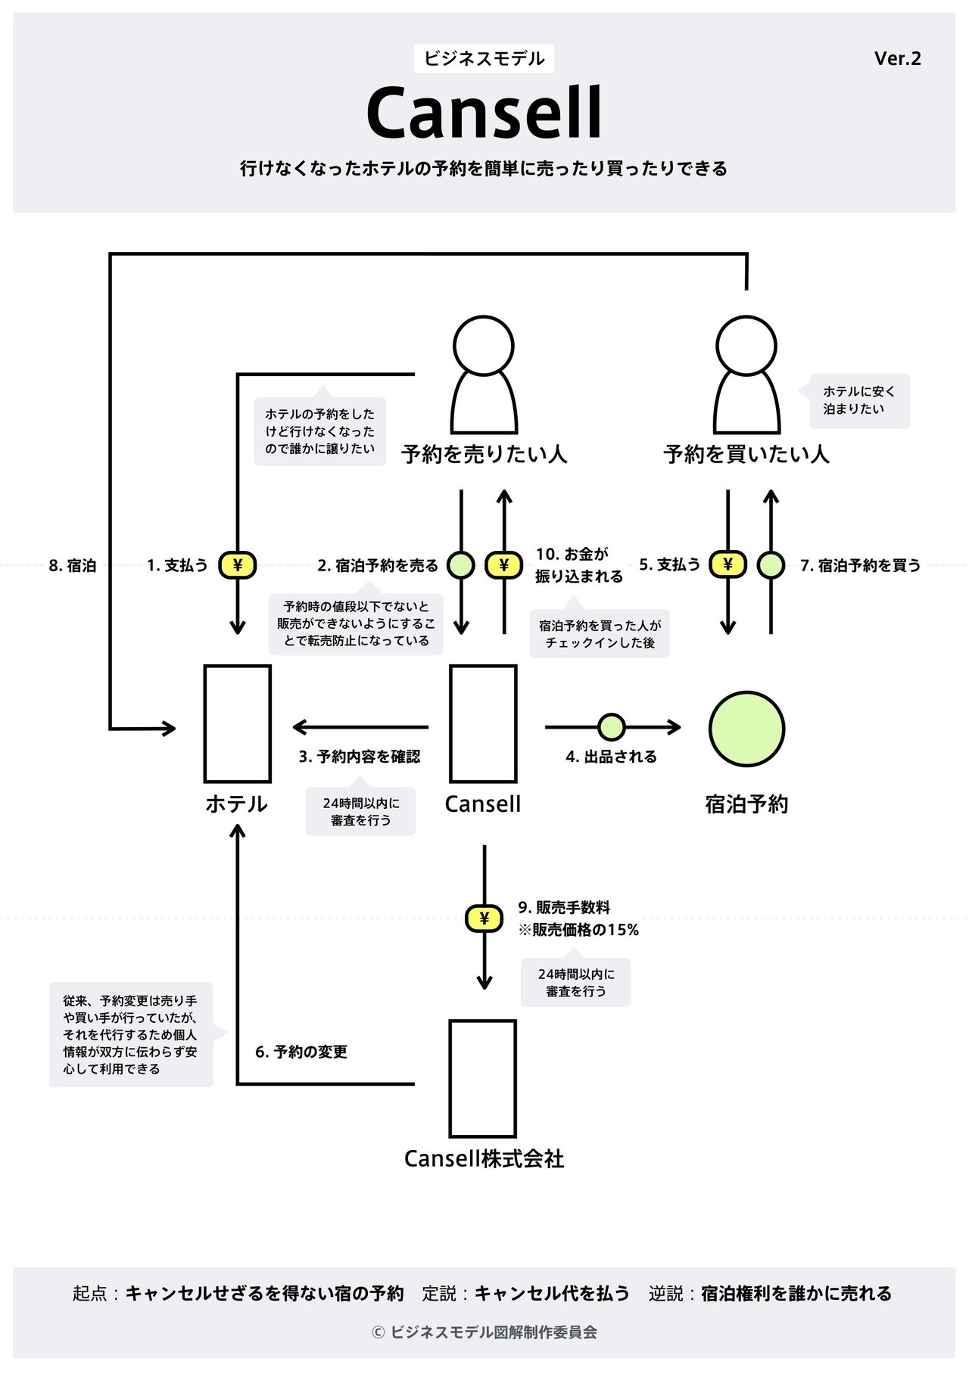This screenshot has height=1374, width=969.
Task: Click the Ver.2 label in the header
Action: click(898, 58)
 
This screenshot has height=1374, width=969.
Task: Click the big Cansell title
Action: click(484, 113)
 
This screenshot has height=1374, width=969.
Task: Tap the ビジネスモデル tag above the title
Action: click(484, 58)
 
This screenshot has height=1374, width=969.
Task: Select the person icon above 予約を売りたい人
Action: click(484, 375)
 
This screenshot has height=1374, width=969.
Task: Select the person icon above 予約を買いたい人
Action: click(747, 375)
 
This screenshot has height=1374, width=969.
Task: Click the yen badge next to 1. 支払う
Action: click(238, 564)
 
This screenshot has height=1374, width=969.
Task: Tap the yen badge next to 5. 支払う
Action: click(728, 564)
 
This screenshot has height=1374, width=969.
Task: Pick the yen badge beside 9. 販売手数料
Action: click(484, 919)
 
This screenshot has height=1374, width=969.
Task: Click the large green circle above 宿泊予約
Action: click(746, 729)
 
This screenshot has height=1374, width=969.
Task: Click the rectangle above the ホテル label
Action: click(238, 723)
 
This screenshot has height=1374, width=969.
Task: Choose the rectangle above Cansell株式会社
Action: click(483, 1078)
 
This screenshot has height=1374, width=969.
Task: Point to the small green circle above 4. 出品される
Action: click(612, 727)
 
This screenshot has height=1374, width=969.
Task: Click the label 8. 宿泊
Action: click(73, 565)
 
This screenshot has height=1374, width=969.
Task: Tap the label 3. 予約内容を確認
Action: click(359, 756)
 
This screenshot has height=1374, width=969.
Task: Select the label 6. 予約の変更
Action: click(301, 1052)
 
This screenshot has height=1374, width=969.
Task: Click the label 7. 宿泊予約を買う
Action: click(860, 565)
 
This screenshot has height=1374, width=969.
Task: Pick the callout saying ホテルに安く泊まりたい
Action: click(859, 401)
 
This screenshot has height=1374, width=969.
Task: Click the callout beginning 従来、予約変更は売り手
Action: click(131, 1034)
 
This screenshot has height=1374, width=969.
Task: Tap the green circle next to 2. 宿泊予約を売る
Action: click(461, 564)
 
